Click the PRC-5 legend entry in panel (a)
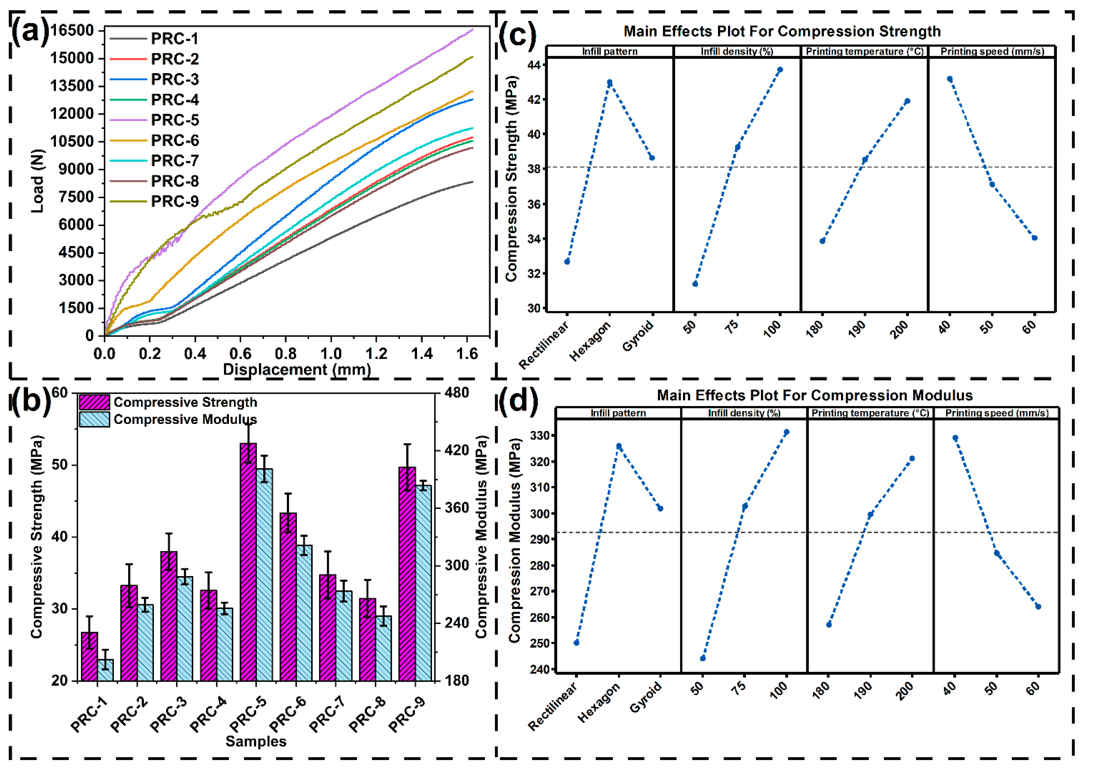coord(174,120)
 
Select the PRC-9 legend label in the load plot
coord(174,201)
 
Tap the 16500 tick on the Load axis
coord(72,30)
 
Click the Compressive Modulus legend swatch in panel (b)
coord(94,419)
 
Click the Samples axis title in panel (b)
coord(256,741)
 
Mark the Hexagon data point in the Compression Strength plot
coord(609,83)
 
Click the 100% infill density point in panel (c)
coord(780,70)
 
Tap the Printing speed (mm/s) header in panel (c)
coord(992,51)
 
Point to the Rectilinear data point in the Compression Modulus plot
coord(576,643)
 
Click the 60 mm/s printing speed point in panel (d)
coord(1038,607)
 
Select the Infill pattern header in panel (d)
coord(618,413)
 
